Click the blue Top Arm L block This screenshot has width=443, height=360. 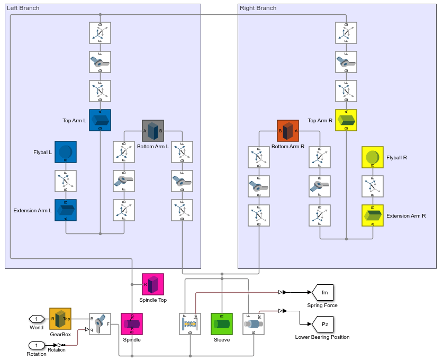pyautogui.click(x=100, y=120)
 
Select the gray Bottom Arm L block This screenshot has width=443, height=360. pyautogui.click(x=153, y=131)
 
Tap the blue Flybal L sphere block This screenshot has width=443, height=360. pyautogui.click(x=66, y=152)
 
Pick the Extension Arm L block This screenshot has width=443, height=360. pyautogui.click(x=66, y=210)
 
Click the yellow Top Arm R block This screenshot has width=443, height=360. pyautogui.click(x=346, y=120)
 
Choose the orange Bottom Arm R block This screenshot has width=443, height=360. pyautogui.click(x=288, y=131)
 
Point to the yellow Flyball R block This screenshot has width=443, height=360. pyautogui.click(x=373, y=157)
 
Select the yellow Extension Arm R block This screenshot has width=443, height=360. pyautogui.click(x=373, y=215)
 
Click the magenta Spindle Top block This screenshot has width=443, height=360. pyautogui.click(x=153, y=284)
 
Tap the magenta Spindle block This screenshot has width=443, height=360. pyautogui.click(x=132, y=324)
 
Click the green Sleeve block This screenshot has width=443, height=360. pyautogui.click(x=222, y=324)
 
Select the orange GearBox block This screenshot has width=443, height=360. pyautogui.click(x=60, y=319)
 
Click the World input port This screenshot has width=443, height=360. pyautogui.click(x=37, y=319)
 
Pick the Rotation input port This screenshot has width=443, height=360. pyautogui.click(x=37, y=345)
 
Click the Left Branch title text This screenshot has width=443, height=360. pyautogui.click(x=23, y=8)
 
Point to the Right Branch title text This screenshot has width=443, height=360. pyautogui.click(x=258, y=8)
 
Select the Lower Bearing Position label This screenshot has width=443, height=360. pyautogui.click(x=322, y=337)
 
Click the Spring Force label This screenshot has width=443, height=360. pyautogui.click(x=322, y=305)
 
